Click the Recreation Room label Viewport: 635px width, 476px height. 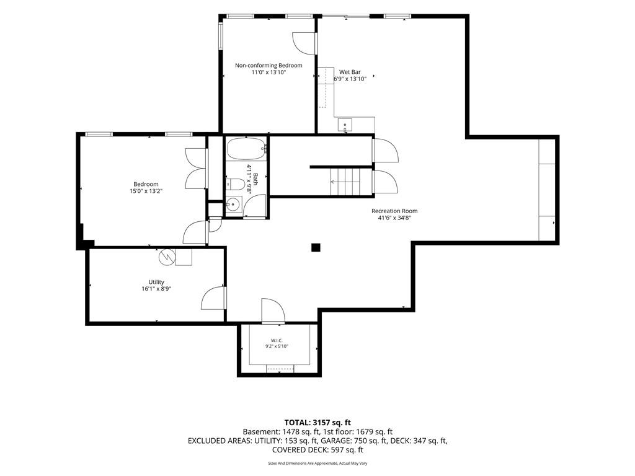coord(394,211)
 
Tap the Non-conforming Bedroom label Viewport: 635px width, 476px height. coord(269,65)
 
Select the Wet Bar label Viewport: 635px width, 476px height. coord(350,72)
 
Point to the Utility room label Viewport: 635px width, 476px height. coord(156,282)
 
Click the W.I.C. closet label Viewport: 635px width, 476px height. coord(277,340)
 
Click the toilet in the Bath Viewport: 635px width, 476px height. coord(234,185)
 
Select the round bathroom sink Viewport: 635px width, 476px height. coord(233,205)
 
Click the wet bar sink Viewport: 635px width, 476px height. coord(345,125)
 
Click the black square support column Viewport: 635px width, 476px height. coord(316,247)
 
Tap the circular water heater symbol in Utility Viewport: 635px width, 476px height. coord(166,257)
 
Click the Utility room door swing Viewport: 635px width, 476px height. coord(213,298)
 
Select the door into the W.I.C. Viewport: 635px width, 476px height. coord(273,311)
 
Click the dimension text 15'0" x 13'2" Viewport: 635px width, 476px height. coord(146,191)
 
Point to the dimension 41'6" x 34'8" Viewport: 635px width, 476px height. coord(394,218)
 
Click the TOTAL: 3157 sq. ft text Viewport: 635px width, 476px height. coord(317,423)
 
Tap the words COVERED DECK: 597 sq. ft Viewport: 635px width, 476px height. coord(317,450)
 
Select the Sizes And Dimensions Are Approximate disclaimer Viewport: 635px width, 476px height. coord(317,464)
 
